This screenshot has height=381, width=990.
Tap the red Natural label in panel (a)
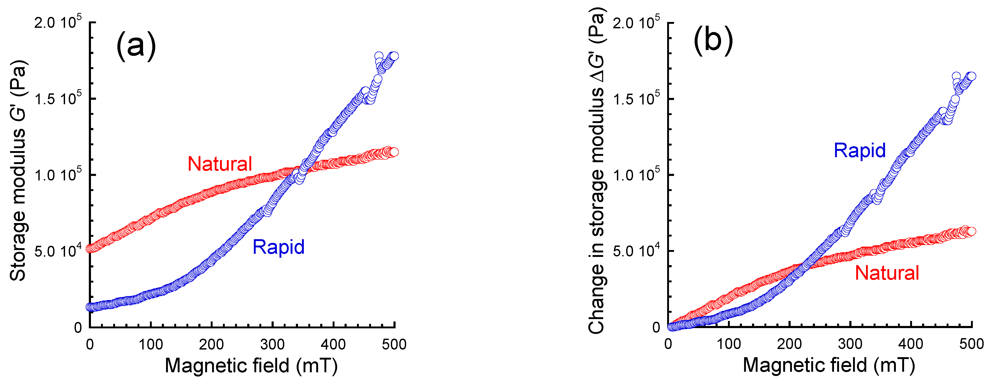pyautogui.click(x=219, y=164)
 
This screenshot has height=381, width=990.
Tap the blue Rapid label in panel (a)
pyautogui.click(x=278, y=247)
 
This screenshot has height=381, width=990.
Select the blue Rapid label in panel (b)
pyautogui.click(x=859, y=150)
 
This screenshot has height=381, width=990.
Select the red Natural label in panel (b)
pyautogui.click(x=887, y=273)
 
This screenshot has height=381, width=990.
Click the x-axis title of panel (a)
pyautogui.click(x=251, y=365)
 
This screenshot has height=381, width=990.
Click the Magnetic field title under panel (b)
pyautogui.click(x=829, y=365)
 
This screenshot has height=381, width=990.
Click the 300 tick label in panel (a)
pyautogui.click(x=272, y=344)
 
